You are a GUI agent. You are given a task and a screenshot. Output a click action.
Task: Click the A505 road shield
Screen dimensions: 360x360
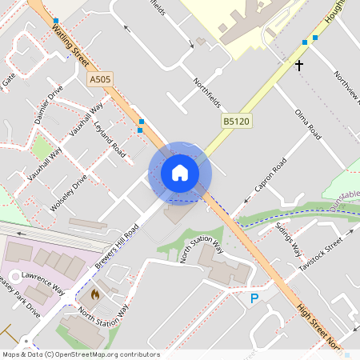coord(99,80)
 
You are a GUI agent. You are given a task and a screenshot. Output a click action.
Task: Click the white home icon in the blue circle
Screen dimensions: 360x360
coord(180,173)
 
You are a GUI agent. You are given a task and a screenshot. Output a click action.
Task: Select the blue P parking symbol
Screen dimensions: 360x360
coord(254,298)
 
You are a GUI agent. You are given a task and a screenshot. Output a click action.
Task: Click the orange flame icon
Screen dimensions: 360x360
coord(95,294)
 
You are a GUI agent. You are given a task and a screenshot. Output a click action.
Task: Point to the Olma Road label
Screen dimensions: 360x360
coord(307,124)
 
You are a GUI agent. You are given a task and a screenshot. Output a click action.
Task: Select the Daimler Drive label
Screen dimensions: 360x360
coord(49,105)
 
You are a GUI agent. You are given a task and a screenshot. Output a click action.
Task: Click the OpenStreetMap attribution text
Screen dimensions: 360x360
coord(81,354)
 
